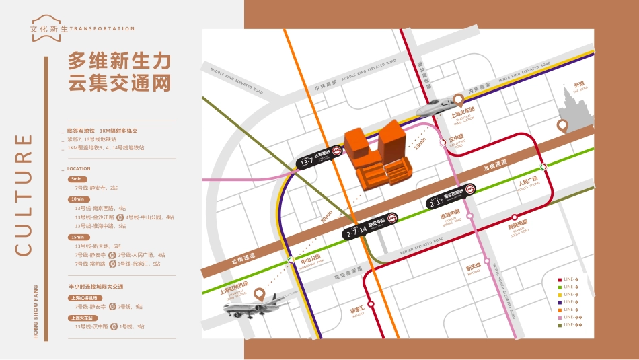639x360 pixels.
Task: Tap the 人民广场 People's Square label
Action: tap(529, 182)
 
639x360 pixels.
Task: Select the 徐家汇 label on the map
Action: tap(357, 310)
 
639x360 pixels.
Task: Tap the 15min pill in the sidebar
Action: tap(77, 237)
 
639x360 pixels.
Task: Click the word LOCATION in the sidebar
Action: tap(79, 169)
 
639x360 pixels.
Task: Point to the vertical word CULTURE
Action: tap(24, 194)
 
